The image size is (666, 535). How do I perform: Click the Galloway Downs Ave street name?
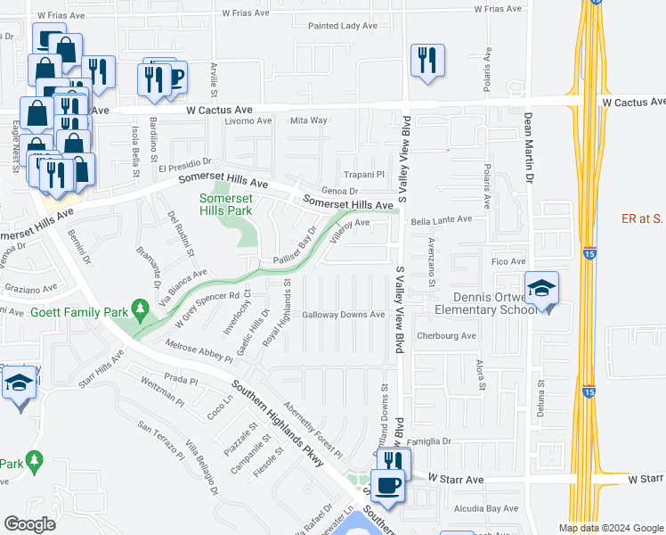(343, 315)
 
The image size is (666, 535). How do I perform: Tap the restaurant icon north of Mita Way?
(426, 61)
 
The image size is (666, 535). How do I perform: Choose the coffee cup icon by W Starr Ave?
(387, 486)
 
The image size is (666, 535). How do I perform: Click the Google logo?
(29, 524)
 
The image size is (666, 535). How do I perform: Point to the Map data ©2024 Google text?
(611, 528)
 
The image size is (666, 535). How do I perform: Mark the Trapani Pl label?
(364, 175)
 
